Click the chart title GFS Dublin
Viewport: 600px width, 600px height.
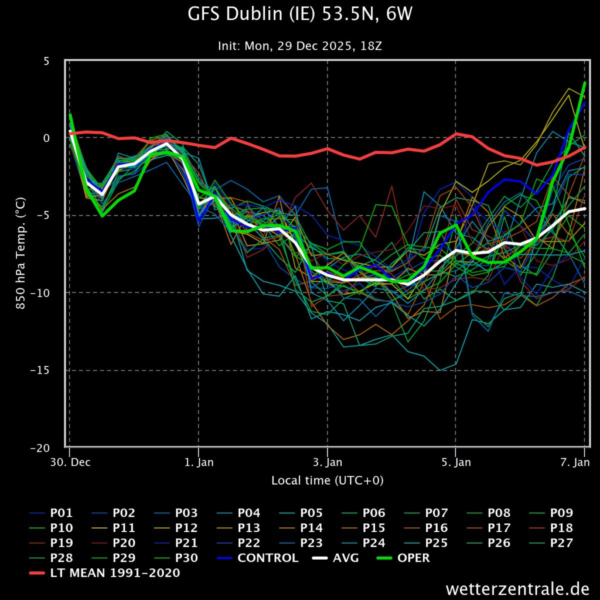(x=300, y=15)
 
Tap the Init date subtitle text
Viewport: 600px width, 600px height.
(x=300, y=46)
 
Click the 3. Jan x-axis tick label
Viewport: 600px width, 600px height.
(x=327, y=462)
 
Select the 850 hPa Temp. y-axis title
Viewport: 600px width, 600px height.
(x=20, y=254)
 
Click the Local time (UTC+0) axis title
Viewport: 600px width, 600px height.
(x=327, y=481)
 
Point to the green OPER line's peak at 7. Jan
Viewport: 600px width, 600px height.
(x=585, y=83)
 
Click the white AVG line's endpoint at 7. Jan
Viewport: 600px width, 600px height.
(x=585, y=209)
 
